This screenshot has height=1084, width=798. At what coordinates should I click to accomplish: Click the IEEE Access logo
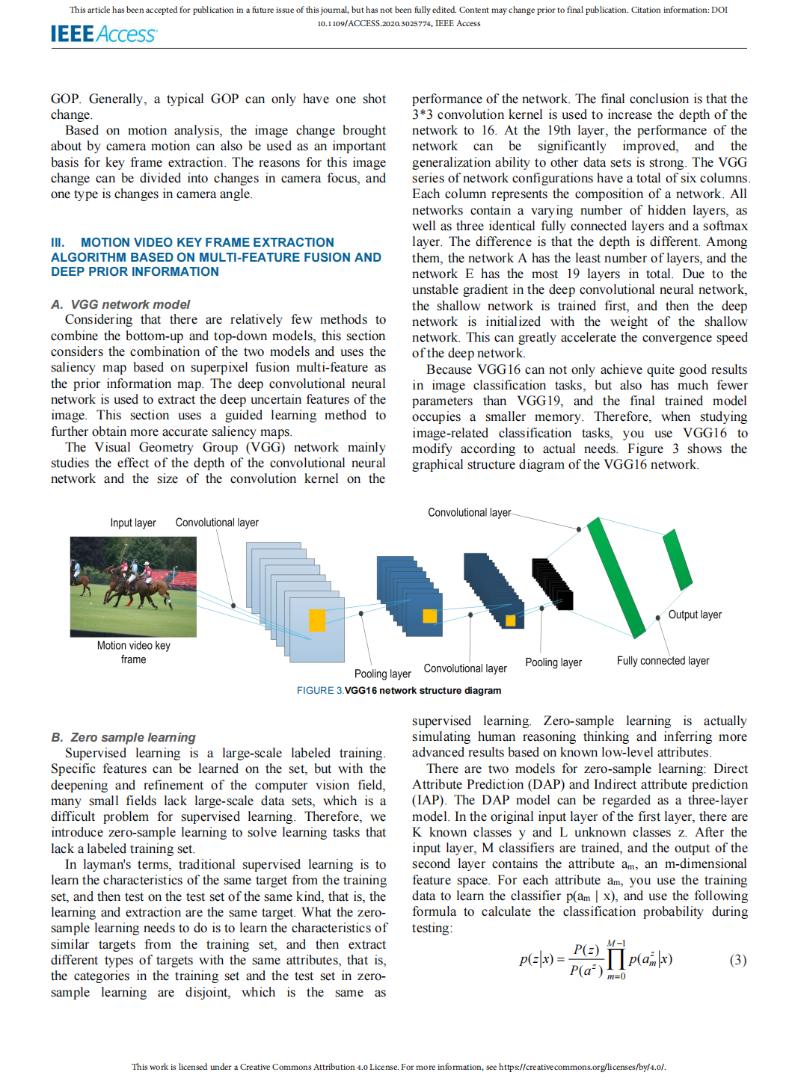pyautogui.click(x=103, y=34)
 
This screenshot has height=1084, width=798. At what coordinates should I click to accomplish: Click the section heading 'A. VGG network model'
pyautogui.click(x=120, y=304)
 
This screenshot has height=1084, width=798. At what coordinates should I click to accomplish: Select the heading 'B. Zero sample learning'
pyautogui.click(x=123, y=737)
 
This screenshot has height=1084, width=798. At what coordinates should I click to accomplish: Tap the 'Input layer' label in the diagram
pyautogui.click(x=133, y=523)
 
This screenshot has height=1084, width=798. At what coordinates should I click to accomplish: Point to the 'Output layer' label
pyautogui.click(x=695, y=615)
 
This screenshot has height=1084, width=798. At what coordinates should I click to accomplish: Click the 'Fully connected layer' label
pyautogui.click(x=663, y=661)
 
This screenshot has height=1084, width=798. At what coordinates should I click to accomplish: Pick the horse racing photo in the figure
pyautogui.click(x=133, y=587)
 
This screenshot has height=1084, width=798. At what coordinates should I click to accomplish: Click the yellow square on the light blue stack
pyautogui.click(x=317, y=620)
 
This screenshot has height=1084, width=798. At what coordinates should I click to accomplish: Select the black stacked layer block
pyautogui.click(x=553, y=583)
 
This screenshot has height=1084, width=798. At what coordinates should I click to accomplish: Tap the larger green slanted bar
pyautogui.click(x=616, y=577)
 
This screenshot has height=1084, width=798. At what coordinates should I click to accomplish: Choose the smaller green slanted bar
pyautogui.click(x=678, y=559)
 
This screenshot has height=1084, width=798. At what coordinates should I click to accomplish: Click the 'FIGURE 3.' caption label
pyautogui.click(x=320, y=691)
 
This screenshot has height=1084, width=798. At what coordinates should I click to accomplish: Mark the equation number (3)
pyautogui.click(x=737, y=960)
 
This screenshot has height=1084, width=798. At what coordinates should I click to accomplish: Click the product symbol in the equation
pyautogui.click(x=616, y=960)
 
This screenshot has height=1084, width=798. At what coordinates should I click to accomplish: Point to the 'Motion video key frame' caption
pyautogui.click(x=133, y=652)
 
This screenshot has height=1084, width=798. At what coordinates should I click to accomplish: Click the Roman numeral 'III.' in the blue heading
pyautogui.click(x=58, y=242)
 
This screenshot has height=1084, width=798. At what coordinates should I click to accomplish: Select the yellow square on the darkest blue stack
pyautogui.click(x=511, y=620)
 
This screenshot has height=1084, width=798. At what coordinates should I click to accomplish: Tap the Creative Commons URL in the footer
pyautogui.click(x=582, y=1067)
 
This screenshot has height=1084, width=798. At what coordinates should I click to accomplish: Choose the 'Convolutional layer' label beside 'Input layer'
pyautogui.click(x=217, y=523)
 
